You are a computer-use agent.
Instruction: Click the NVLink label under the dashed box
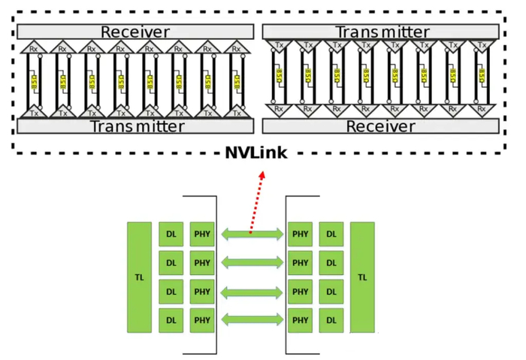(x=262, y=153)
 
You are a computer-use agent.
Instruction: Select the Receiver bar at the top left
(x=135, y=32)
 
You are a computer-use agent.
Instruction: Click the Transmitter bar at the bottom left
(x=135, y=126)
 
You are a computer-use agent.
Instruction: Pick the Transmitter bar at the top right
(x=380, y=32)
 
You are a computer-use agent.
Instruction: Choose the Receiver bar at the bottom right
(x=380, y=126)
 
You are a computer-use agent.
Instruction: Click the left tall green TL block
(x=139, y=277)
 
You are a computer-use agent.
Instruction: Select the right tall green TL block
(x=362, y=277)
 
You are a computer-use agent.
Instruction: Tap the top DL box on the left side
(x=171, y=234)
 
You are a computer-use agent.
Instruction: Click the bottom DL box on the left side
(x=171, y=320)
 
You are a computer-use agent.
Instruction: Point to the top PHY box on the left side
(x=201, y=234)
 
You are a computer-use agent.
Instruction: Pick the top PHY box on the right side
(x=300, y=234)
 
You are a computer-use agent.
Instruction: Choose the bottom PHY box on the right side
(x=300, y=320)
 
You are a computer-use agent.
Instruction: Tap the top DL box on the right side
(x=331, y=234)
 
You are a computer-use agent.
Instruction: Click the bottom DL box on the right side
(x=331, y=320)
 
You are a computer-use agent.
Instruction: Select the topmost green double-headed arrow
(x=250, y=234)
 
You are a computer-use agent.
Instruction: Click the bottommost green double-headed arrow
(x=250, y=321)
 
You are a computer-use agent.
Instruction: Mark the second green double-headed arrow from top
(x=250, y=263)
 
